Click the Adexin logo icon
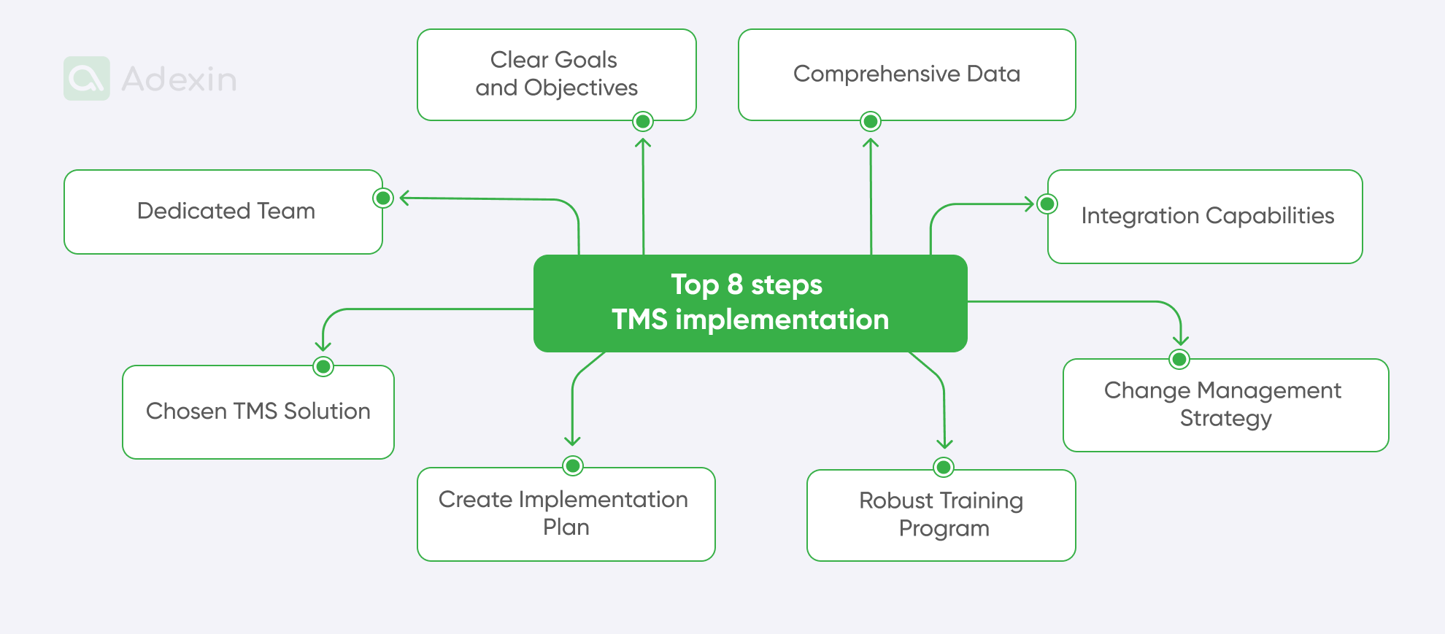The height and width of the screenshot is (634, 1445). tap(87, 79)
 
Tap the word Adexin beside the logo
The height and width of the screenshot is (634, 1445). tap(179, 80)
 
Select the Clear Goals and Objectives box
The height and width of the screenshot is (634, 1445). tap(556, 74)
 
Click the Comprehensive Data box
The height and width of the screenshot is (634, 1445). tap(906, 74)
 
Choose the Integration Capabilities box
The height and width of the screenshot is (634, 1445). tap(1207, 216)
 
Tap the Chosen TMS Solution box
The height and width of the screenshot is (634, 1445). tap(258, 411)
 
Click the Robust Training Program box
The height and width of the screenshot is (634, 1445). tap(941, 515)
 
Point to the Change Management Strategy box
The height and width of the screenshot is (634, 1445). tap(1225, 405)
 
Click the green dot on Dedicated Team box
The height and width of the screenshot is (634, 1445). tap(383, 198)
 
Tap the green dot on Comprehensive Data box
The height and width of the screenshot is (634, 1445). tap(870, 121)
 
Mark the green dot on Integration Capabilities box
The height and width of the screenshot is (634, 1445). tap(1047, 204)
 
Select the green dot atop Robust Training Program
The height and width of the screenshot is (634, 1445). tap(944, 467)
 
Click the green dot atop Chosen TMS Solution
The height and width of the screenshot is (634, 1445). tap(323, 366)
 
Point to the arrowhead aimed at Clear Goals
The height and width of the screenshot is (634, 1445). tap(643, 142)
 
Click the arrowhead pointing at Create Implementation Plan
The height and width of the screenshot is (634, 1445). tap(572, 440)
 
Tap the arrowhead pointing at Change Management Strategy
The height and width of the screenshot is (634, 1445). tap(1181, 340)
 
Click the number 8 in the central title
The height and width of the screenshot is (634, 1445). tap(735, 285)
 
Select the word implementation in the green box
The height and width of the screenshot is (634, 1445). tap(782, 320)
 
